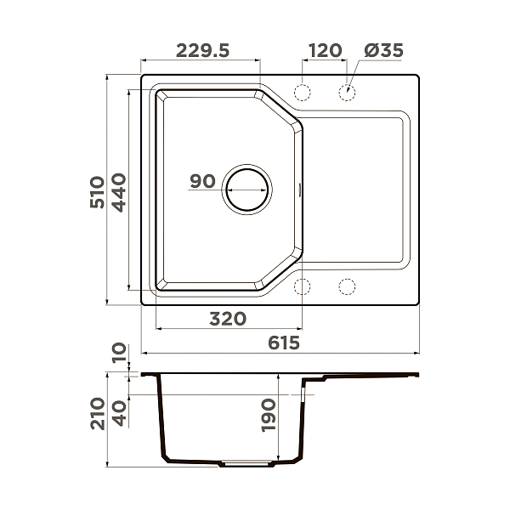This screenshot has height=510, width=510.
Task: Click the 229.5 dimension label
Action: [202, 50]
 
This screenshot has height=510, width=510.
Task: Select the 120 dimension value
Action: [325, 50]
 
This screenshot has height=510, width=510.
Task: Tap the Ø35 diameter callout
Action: [382, 50]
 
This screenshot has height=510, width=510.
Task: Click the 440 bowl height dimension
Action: [118, 192]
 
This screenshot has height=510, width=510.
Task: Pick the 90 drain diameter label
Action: [202, 181]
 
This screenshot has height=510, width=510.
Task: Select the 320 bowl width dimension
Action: [228, 319]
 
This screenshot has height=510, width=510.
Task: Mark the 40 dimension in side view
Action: [118, 414]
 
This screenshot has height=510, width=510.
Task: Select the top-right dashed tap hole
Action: [347, 92]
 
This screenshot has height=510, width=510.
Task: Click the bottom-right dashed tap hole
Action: [347, 286]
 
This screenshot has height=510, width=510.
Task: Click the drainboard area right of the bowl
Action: [355, 189]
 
